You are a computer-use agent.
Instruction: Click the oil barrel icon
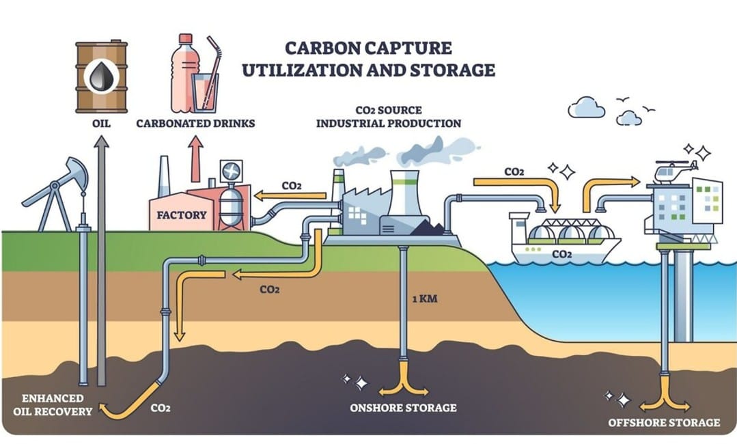102,77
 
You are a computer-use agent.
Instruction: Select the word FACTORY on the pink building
182,215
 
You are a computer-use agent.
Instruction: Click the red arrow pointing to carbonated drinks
197,158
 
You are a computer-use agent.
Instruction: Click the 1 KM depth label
425,299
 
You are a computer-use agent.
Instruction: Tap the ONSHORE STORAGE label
403,408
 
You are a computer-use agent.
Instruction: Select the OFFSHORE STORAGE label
664,422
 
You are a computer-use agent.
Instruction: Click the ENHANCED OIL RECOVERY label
53,404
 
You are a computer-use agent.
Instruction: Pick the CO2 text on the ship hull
561,254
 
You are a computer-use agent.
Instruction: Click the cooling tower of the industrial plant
404,195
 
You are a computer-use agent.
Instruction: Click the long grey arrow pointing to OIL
102,260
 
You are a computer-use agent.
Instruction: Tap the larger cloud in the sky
586,108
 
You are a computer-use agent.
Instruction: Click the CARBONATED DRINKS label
195,124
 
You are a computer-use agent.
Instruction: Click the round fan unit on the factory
232,171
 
